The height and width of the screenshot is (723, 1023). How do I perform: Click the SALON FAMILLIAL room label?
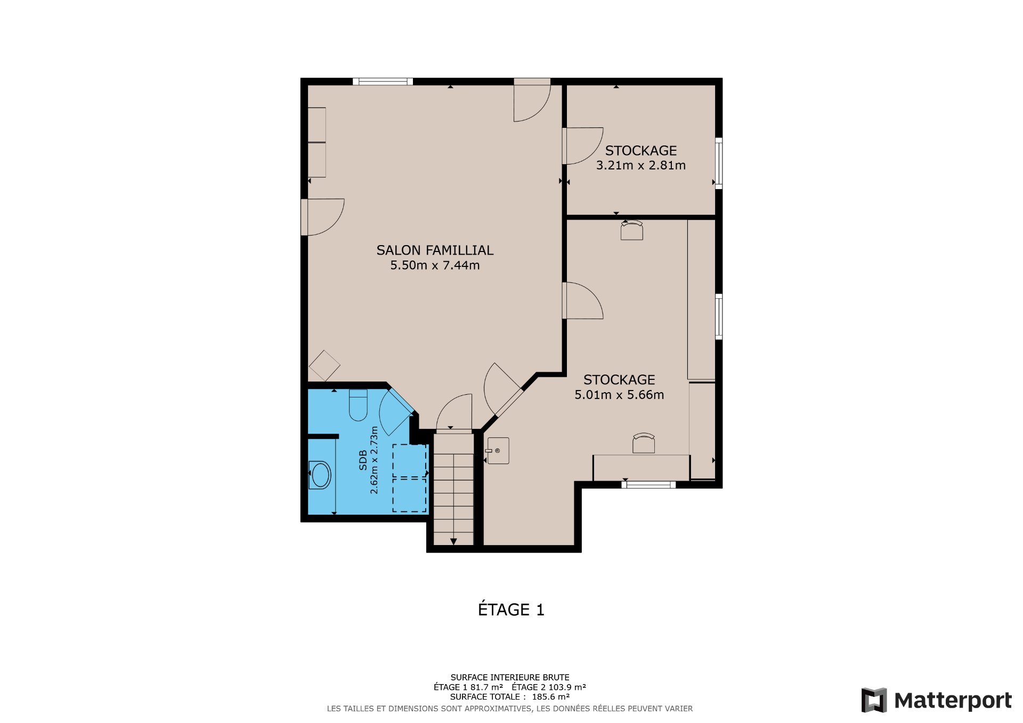click(435, 250)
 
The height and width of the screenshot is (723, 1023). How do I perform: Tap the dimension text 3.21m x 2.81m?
click(640, 166)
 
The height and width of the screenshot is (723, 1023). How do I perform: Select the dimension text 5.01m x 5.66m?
click(619, 395)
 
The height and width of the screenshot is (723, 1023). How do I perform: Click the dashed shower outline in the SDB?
click(410, 478)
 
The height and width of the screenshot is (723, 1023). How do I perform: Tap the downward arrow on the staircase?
click(453, 541)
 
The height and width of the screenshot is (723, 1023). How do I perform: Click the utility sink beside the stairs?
click(499, 451)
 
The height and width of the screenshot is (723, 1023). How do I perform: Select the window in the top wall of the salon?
click(383, 82)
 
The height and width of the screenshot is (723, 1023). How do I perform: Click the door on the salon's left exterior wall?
click(323, 217)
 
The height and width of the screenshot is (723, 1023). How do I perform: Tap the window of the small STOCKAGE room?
click(718, 163)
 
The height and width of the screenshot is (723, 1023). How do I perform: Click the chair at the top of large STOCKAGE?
click(632, 230)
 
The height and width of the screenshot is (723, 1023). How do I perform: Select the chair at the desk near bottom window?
click(644, 443)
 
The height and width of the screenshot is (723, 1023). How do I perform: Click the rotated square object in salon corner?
click(324, 365)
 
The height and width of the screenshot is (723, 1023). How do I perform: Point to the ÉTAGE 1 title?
click(511, 610)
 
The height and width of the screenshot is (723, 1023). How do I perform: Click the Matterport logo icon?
click(874, 700)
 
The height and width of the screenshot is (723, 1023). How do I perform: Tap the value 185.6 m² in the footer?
click(550, 697)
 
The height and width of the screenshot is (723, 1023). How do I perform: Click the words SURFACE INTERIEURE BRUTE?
click(510, 678)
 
